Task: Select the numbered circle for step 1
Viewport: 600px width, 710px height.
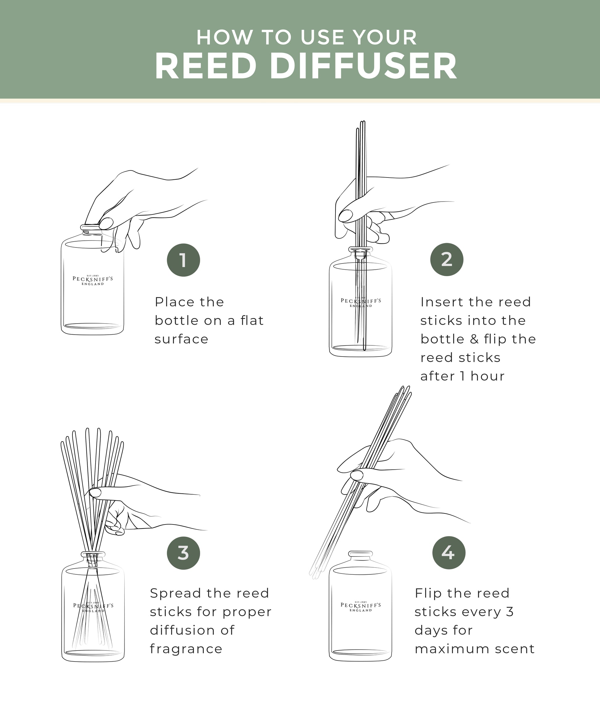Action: [183, 260]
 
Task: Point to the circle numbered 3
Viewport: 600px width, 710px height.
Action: [183, 553]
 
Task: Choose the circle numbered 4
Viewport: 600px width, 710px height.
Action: [449, 553]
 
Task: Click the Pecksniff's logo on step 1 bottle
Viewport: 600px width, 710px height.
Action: [92, 280]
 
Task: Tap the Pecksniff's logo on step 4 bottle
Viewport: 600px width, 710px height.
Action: [360, 607]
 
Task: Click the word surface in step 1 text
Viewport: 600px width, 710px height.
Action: [181, 339]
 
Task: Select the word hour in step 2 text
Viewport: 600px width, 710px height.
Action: [487, 376]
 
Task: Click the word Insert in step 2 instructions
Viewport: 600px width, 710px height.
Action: [442, 302]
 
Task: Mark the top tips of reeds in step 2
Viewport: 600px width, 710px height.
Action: [361, 124]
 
